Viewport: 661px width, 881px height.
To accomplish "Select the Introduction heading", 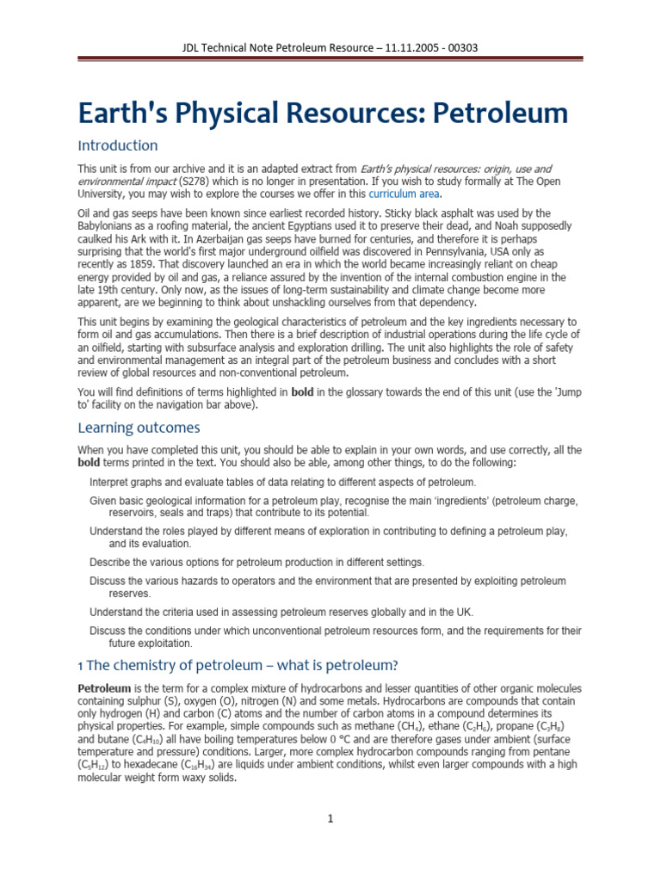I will (118, 145).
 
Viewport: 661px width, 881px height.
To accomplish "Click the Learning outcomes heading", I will (139, 428).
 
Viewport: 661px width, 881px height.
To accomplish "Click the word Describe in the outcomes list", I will (111, 562).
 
